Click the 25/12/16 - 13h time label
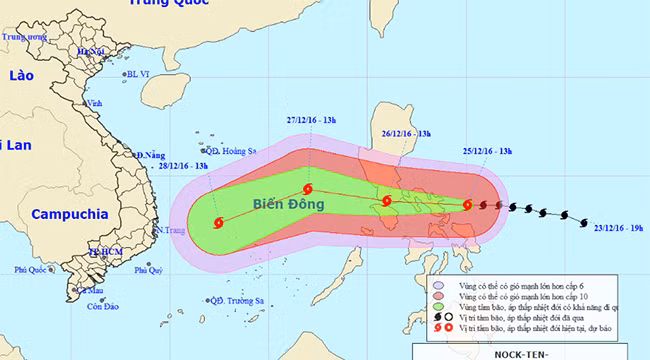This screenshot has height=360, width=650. click(x=488, y=150)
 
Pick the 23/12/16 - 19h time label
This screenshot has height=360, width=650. click(x=617, y=227)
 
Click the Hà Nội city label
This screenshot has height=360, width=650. click(x=90, y=51)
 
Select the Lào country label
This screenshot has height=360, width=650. click(x=21, y=76)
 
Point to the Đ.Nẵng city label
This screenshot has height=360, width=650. click(x=148, y=156)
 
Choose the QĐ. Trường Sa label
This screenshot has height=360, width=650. click(x=236, y=300)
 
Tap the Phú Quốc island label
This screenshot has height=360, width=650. click(x=32, y=270)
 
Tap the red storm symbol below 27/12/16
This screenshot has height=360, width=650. click(x=306, y=189)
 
